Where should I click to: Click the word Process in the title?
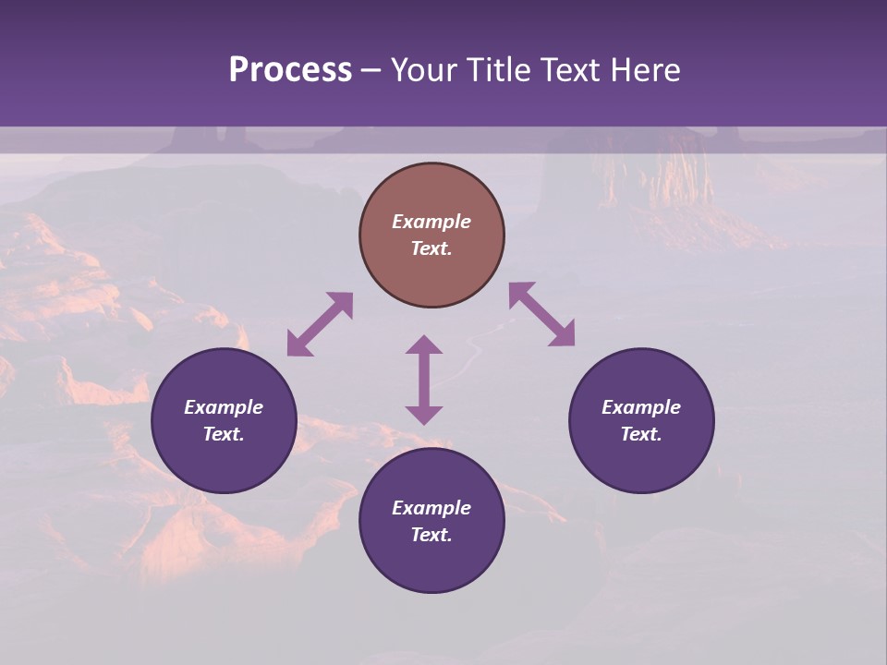click(290, 70)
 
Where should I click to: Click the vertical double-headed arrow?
click(424, 380)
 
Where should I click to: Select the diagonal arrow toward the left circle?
click(320, 324)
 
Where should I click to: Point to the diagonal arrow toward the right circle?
click(542, 314)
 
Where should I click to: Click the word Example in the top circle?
click(431, 222)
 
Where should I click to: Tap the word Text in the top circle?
click(431, 248)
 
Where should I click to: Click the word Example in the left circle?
click(224, 407)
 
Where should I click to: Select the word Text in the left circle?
click(224, 434)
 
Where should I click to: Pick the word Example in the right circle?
click(641, 407)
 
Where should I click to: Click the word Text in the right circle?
click(641, 434)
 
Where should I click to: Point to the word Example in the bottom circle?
click(431, 508)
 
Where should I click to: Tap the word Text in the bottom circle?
click(431, 535)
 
